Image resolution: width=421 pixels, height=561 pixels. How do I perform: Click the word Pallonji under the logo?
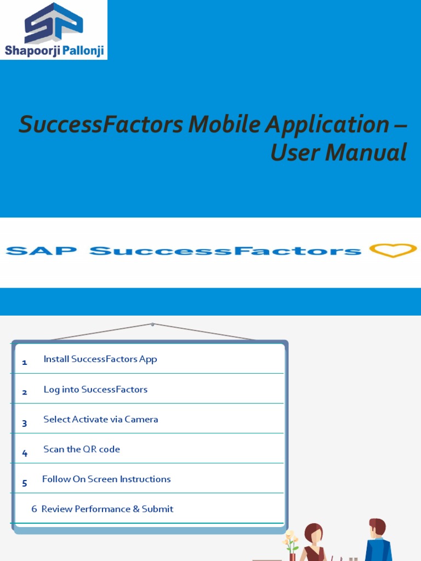tap(81, 51)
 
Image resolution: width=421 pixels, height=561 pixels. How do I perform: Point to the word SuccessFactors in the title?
tap(100, 125)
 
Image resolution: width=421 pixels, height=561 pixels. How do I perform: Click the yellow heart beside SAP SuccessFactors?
tap(393, 250)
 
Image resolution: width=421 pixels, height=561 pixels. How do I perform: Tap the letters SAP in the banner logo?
tap(41, 251)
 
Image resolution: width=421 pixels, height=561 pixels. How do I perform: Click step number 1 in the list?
tap(25, 362)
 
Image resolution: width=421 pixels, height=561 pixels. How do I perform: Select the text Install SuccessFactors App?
tap(100, 359)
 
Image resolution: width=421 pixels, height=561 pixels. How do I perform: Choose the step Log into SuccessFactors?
tap(95, 390)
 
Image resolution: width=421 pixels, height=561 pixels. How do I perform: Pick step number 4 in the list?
tap(25, 453)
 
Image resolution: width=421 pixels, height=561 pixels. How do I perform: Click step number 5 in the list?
tap(25, 483)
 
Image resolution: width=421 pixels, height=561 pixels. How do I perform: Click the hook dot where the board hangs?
tap(152, 324)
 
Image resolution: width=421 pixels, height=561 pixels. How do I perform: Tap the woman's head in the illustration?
tap(314, 532)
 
